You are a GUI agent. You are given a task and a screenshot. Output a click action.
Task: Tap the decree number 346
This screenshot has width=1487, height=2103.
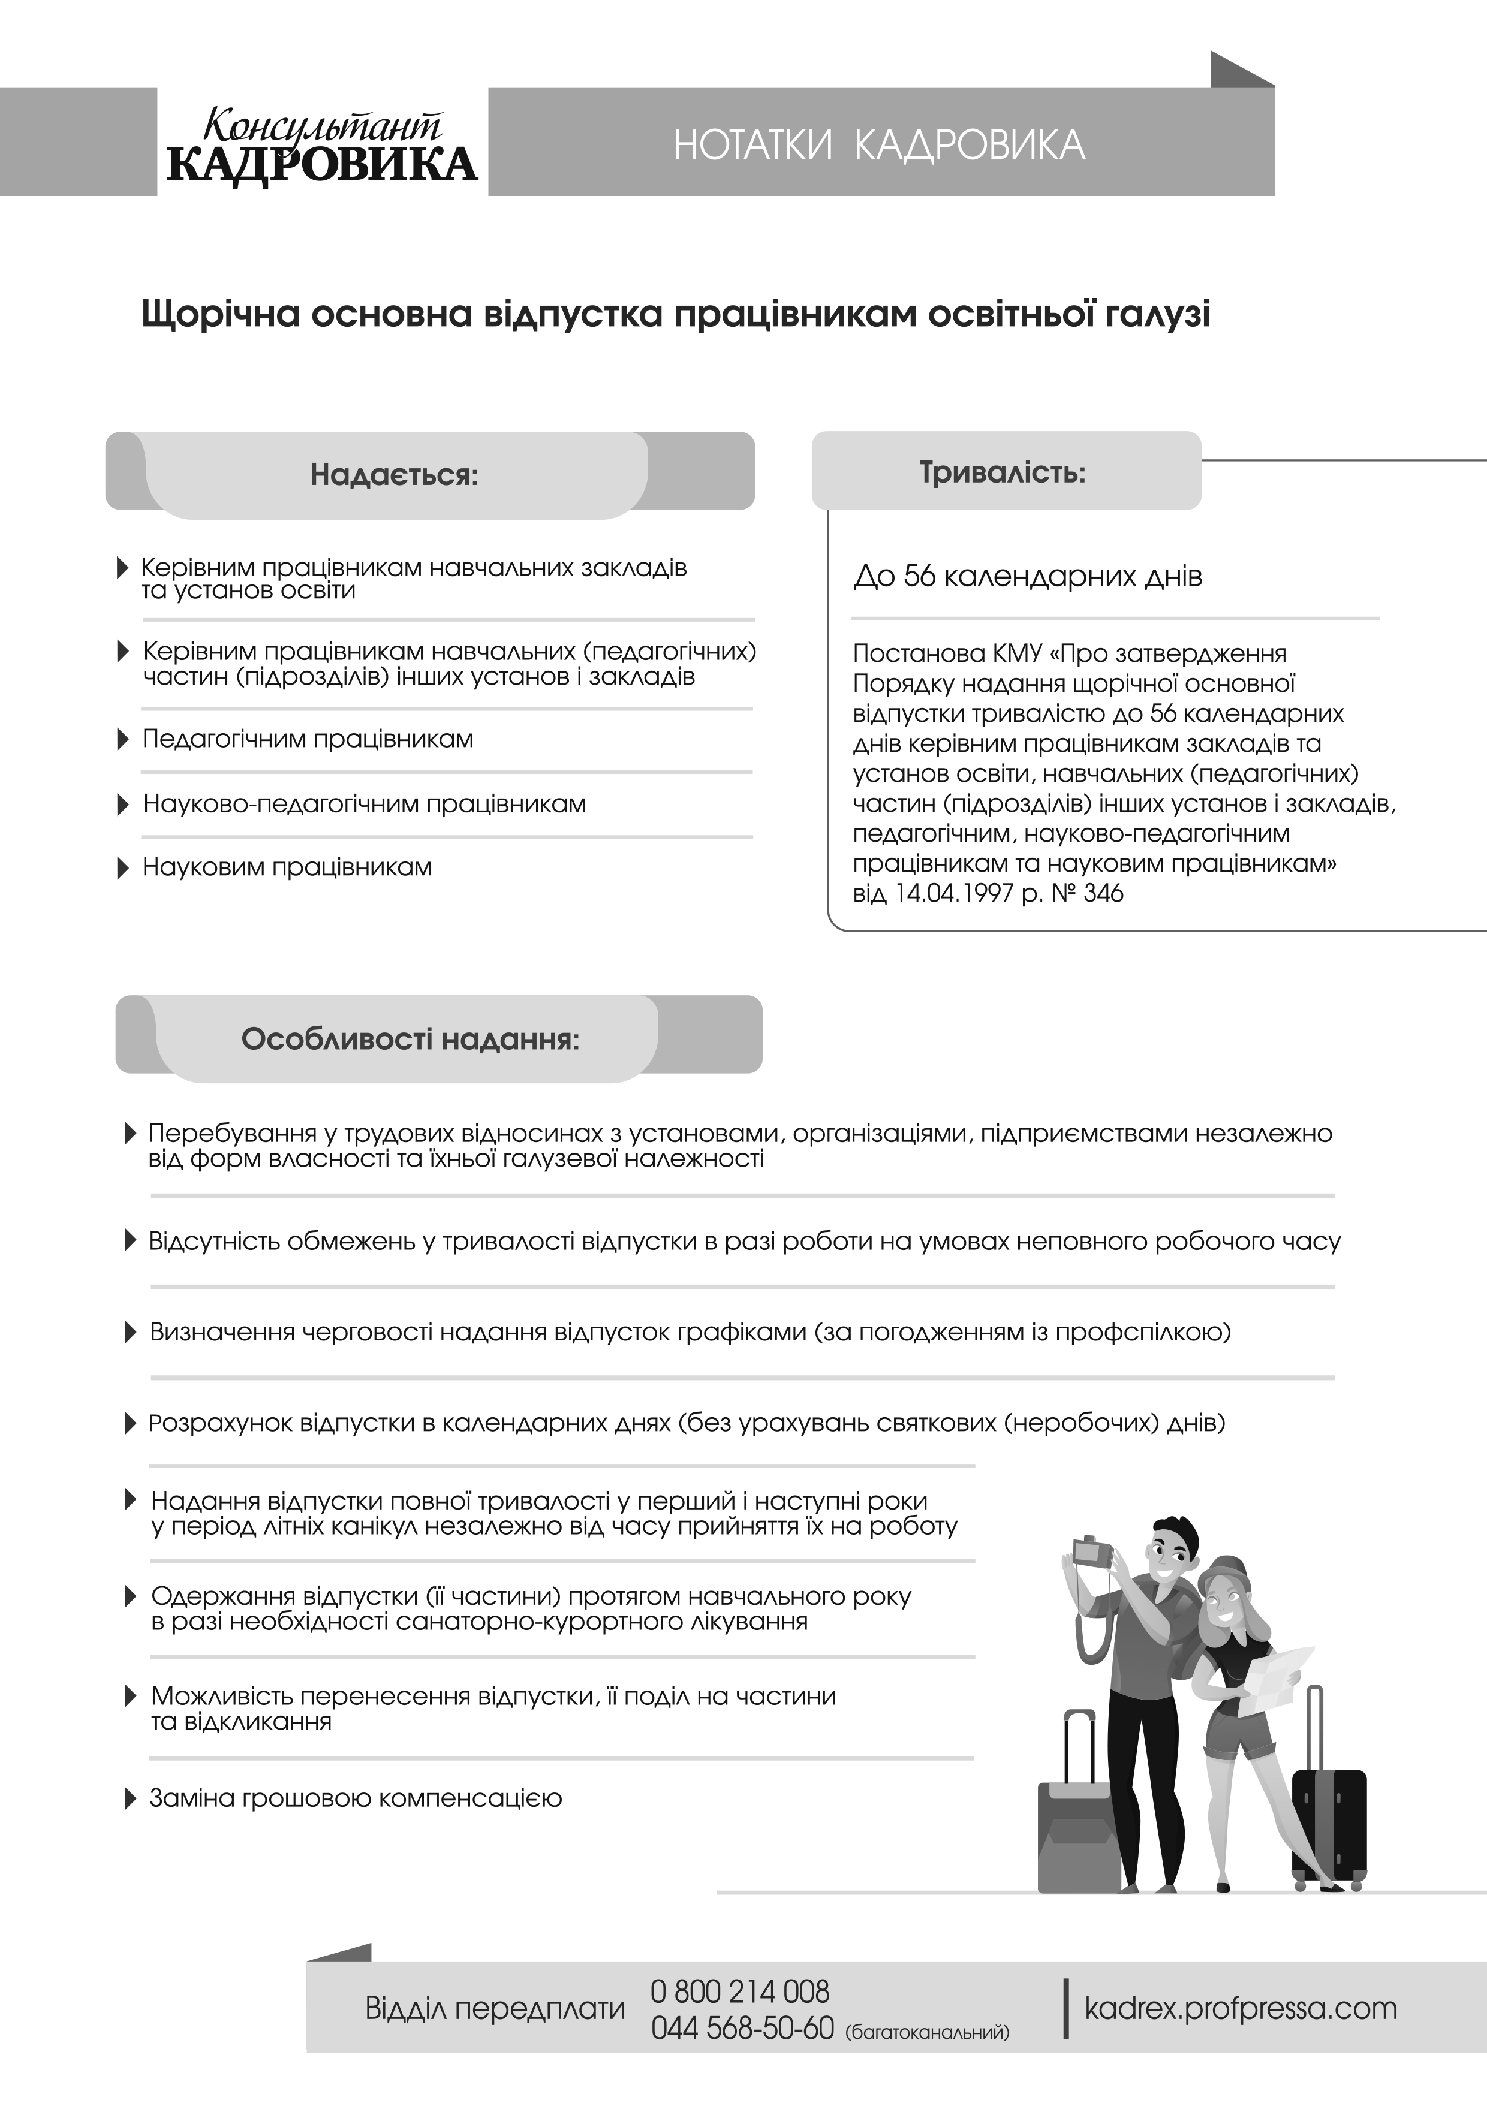1103,894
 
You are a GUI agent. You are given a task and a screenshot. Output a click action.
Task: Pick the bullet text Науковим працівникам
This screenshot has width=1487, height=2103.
287,867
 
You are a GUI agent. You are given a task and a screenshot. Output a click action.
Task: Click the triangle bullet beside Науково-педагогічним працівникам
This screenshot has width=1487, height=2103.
124,805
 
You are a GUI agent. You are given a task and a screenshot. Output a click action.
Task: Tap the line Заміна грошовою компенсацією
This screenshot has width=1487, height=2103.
356,1798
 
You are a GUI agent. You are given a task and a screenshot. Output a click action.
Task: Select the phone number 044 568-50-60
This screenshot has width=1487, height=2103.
742,2029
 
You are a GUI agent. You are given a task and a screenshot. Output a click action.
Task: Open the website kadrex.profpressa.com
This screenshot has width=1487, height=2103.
1241,2009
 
